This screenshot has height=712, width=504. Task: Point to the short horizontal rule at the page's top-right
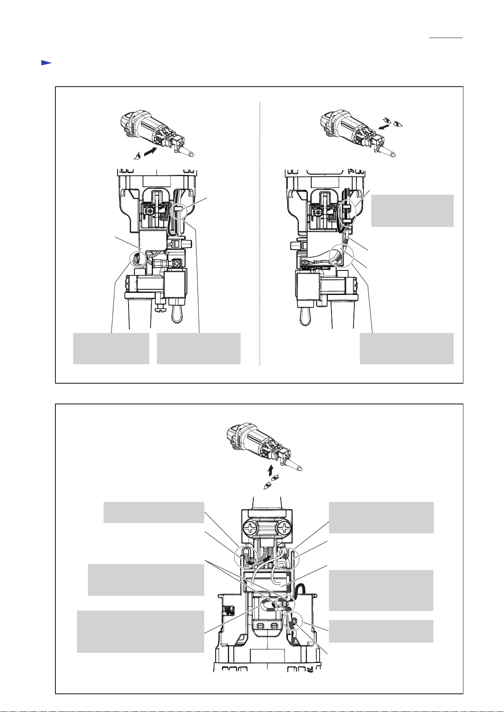click(x=446, y=38)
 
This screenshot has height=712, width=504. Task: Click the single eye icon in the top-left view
click(x=136, y=157)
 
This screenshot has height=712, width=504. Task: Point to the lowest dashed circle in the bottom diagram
click(x=294, y=621)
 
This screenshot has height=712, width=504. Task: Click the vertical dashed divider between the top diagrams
click(x=260, y=232)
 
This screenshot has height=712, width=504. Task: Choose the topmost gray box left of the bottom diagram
click(x=153, y=512)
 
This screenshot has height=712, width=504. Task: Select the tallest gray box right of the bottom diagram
click(x=381, y=590)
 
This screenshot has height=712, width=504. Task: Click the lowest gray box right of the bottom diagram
click(x=381, y=631)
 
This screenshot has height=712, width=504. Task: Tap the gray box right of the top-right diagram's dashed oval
click(x=412, y=210)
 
